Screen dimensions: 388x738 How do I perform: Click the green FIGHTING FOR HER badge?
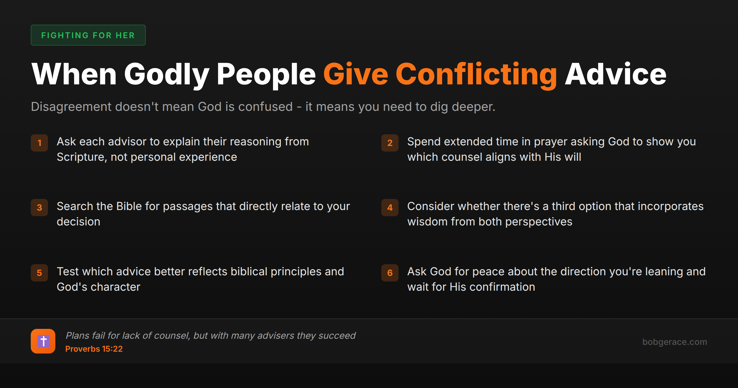click(x=88, y=35)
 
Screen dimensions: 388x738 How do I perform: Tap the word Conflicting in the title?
click(x=476, y=75)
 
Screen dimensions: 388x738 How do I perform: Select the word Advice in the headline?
click(x=616, y=75)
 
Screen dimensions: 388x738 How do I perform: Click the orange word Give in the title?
click(x=355, y=75)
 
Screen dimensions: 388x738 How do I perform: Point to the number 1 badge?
click(x=39, y=143)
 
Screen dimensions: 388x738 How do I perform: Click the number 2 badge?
click(x=390, y=143)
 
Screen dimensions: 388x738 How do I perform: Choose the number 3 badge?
click(x=39, y=208)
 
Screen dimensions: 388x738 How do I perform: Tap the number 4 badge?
click(x=390, y=208)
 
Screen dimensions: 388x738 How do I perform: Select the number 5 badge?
click(x=39, y=273)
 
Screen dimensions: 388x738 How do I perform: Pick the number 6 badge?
click(x=390, y=273)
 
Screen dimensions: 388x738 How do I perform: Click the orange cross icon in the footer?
click(x=43, y=341)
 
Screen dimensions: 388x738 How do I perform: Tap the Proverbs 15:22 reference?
click(x=94, y=349)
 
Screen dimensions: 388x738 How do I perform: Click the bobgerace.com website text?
click(x=674, y=342)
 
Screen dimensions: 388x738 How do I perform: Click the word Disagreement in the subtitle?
click(x=71, y=107)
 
